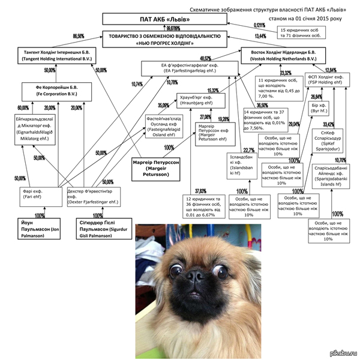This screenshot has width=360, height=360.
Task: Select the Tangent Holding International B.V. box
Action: click(57, 57)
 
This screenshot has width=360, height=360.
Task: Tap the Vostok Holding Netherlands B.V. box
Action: click(280, 57)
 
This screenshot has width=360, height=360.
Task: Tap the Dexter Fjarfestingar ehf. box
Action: click(92, 196)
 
